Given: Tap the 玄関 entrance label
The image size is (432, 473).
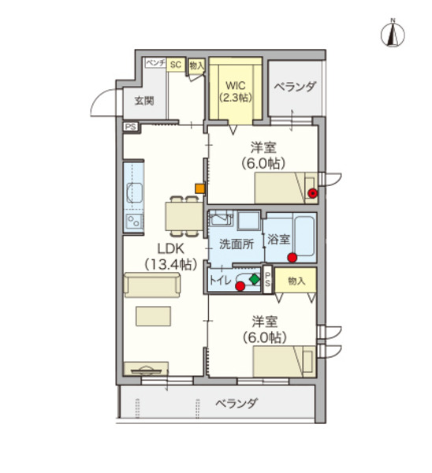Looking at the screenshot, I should [143, 101].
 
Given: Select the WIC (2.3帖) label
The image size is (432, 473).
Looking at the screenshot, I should [235, 91].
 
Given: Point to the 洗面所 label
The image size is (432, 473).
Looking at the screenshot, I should [236, 243].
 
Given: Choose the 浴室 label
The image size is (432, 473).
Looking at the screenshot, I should [278, 239].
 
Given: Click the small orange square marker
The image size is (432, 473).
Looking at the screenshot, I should [200, 189].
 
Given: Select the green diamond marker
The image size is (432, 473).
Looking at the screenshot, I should [254, 279].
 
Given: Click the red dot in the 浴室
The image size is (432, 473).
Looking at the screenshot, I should [292, 258].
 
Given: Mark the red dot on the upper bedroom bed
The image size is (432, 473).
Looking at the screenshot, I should [312, 192].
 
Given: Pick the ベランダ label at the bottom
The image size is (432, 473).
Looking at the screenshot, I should [236, 404].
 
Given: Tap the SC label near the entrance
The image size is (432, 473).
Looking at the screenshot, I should [176, 66].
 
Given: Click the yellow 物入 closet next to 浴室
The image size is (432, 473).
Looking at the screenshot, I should [296, 280].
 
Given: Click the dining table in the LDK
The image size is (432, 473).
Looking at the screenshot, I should [182, 215].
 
